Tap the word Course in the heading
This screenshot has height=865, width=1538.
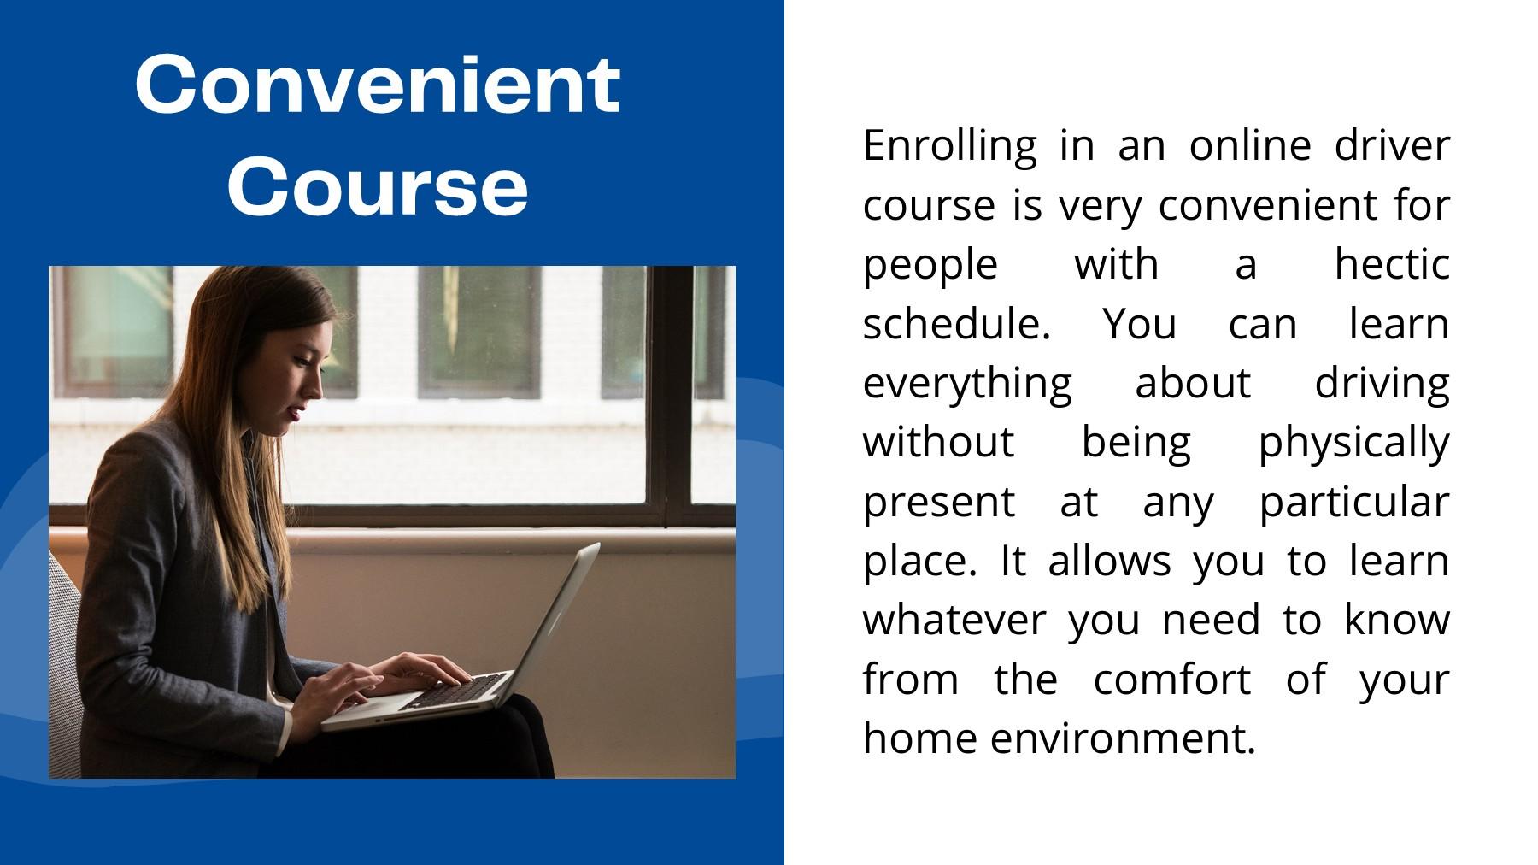(x=377, y=186)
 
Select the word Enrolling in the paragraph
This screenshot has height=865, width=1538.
(x=949, y=147)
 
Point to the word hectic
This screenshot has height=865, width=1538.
(x=1392, y=263)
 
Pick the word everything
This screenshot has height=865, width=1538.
(x=967, y=385)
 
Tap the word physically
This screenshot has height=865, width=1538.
(x=1354, y=444)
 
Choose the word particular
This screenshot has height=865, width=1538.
(x=1354, y=503)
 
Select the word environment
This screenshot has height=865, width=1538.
(x=1123, y=738)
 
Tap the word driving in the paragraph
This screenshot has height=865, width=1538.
(x=1382, y=385)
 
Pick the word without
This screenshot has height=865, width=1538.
(x=938, y=442)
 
